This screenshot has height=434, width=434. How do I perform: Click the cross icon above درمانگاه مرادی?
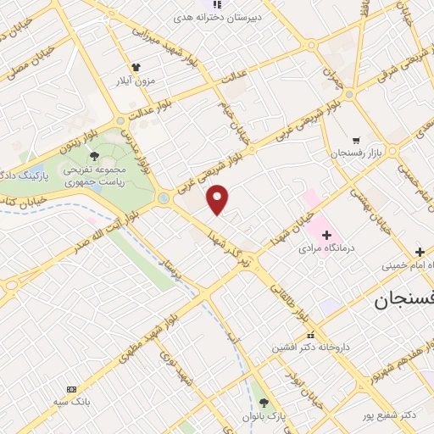(327, 234)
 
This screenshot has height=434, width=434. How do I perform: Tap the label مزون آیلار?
(136, 82)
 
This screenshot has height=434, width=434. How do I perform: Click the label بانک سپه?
(71, 401)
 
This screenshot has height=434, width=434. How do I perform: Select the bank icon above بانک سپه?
(71, 387)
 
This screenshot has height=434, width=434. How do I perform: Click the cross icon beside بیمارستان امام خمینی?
(420, 252)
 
